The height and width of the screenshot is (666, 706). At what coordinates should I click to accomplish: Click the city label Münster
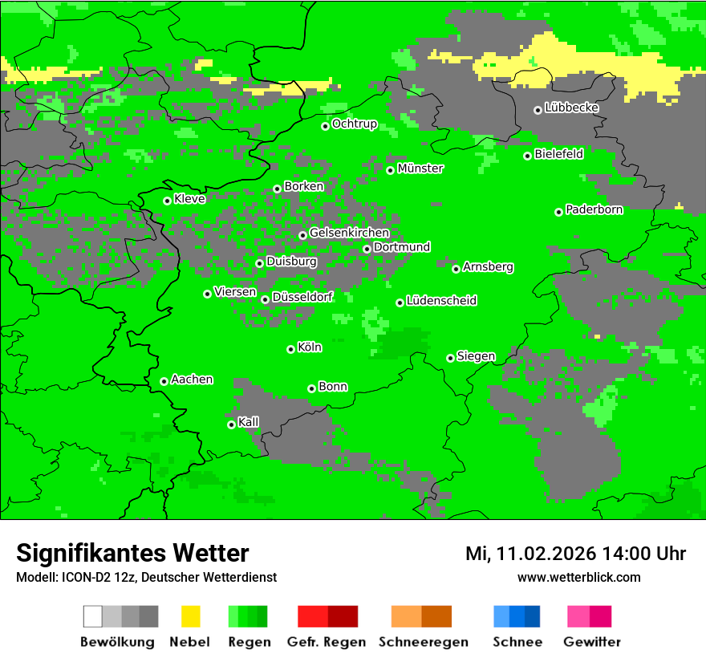click(x=420, y=169)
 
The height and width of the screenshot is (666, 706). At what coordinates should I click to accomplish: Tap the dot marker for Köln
click(x=291, y=349)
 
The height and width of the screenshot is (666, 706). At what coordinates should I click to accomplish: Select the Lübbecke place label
click(x=572, y=108)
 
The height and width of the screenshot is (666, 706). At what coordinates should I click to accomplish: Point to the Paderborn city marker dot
click(x=558, y=212)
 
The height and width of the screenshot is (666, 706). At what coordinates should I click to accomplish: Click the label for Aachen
click(x=192, y=380)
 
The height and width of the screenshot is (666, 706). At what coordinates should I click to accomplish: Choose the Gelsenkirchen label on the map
click(x=349, y=233)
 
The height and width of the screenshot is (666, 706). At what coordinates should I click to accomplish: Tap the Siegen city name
click(x=476, y=356)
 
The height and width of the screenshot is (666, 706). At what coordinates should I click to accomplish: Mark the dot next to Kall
click(x=231, y=424)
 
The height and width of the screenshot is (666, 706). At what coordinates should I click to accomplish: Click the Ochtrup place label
click(x=355, y=124)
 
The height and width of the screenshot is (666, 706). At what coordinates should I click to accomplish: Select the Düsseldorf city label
click(x=302, y=297)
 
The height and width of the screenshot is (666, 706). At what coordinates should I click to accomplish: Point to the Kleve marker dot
click(x=167, y=201)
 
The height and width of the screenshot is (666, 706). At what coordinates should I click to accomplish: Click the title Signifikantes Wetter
click(x=132, y=553)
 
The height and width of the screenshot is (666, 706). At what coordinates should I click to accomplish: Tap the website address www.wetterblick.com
click(x=578, y=577)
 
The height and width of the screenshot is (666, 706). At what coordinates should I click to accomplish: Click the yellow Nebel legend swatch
click(x=190, y=616)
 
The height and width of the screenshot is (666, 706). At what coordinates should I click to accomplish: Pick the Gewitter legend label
click(x=591, y=642)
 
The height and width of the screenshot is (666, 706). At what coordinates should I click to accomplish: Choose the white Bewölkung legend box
click(x=93, y=616)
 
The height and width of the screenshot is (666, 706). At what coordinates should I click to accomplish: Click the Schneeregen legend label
click(x=423, y=642)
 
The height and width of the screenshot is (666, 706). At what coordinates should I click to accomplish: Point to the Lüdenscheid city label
click(x=441, y=301)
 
